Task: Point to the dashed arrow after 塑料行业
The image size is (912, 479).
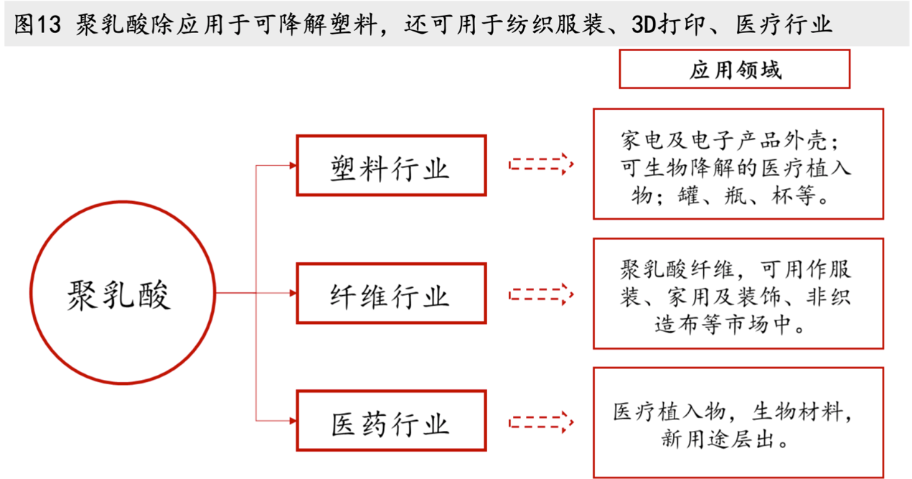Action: click(x=541, y=164)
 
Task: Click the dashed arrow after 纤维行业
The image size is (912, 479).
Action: click(x=541, y=294)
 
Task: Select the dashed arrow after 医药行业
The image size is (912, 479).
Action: click(x=541, y=422)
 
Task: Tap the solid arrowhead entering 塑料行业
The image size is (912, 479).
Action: click(x=293, y=165)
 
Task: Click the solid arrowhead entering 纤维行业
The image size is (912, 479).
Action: click(x=293, y=293)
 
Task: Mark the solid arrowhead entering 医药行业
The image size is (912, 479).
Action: click(x=293, y=420)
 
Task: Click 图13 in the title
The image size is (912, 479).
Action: click(x=37, y=24)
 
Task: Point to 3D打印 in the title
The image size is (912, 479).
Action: click(x=669, y=24)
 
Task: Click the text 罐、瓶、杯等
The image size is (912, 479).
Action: click(x=748, y=195)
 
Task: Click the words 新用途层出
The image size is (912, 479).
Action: click(x=718, y=439)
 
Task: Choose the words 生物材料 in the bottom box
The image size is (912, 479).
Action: click(x=797, y=411)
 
